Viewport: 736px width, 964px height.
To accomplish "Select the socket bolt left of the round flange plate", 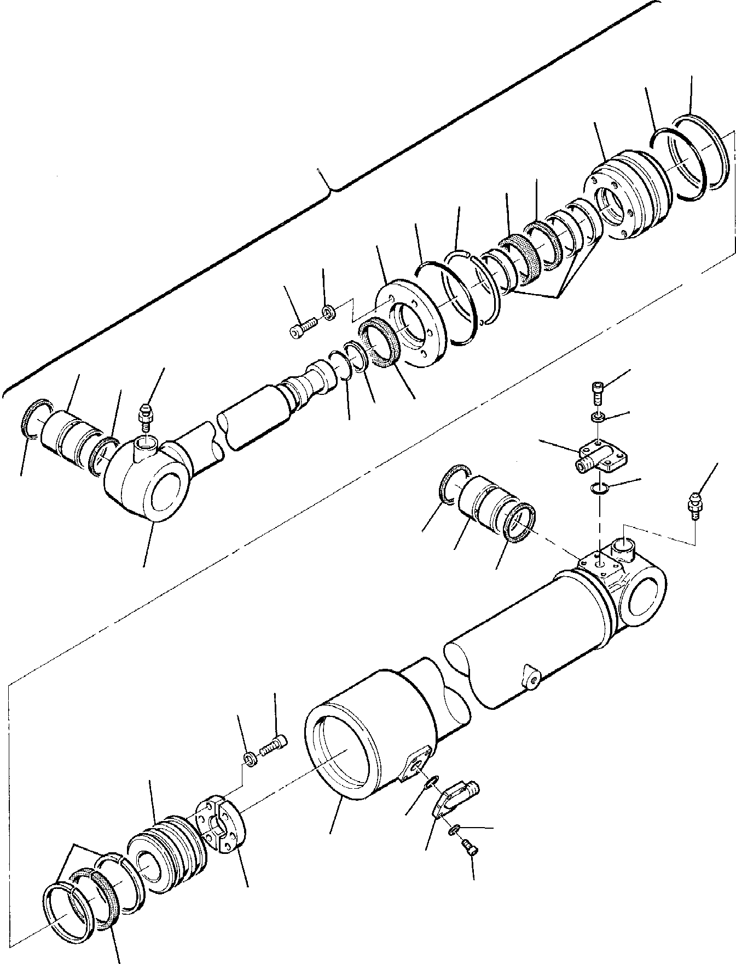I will [x=300, y=330].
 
